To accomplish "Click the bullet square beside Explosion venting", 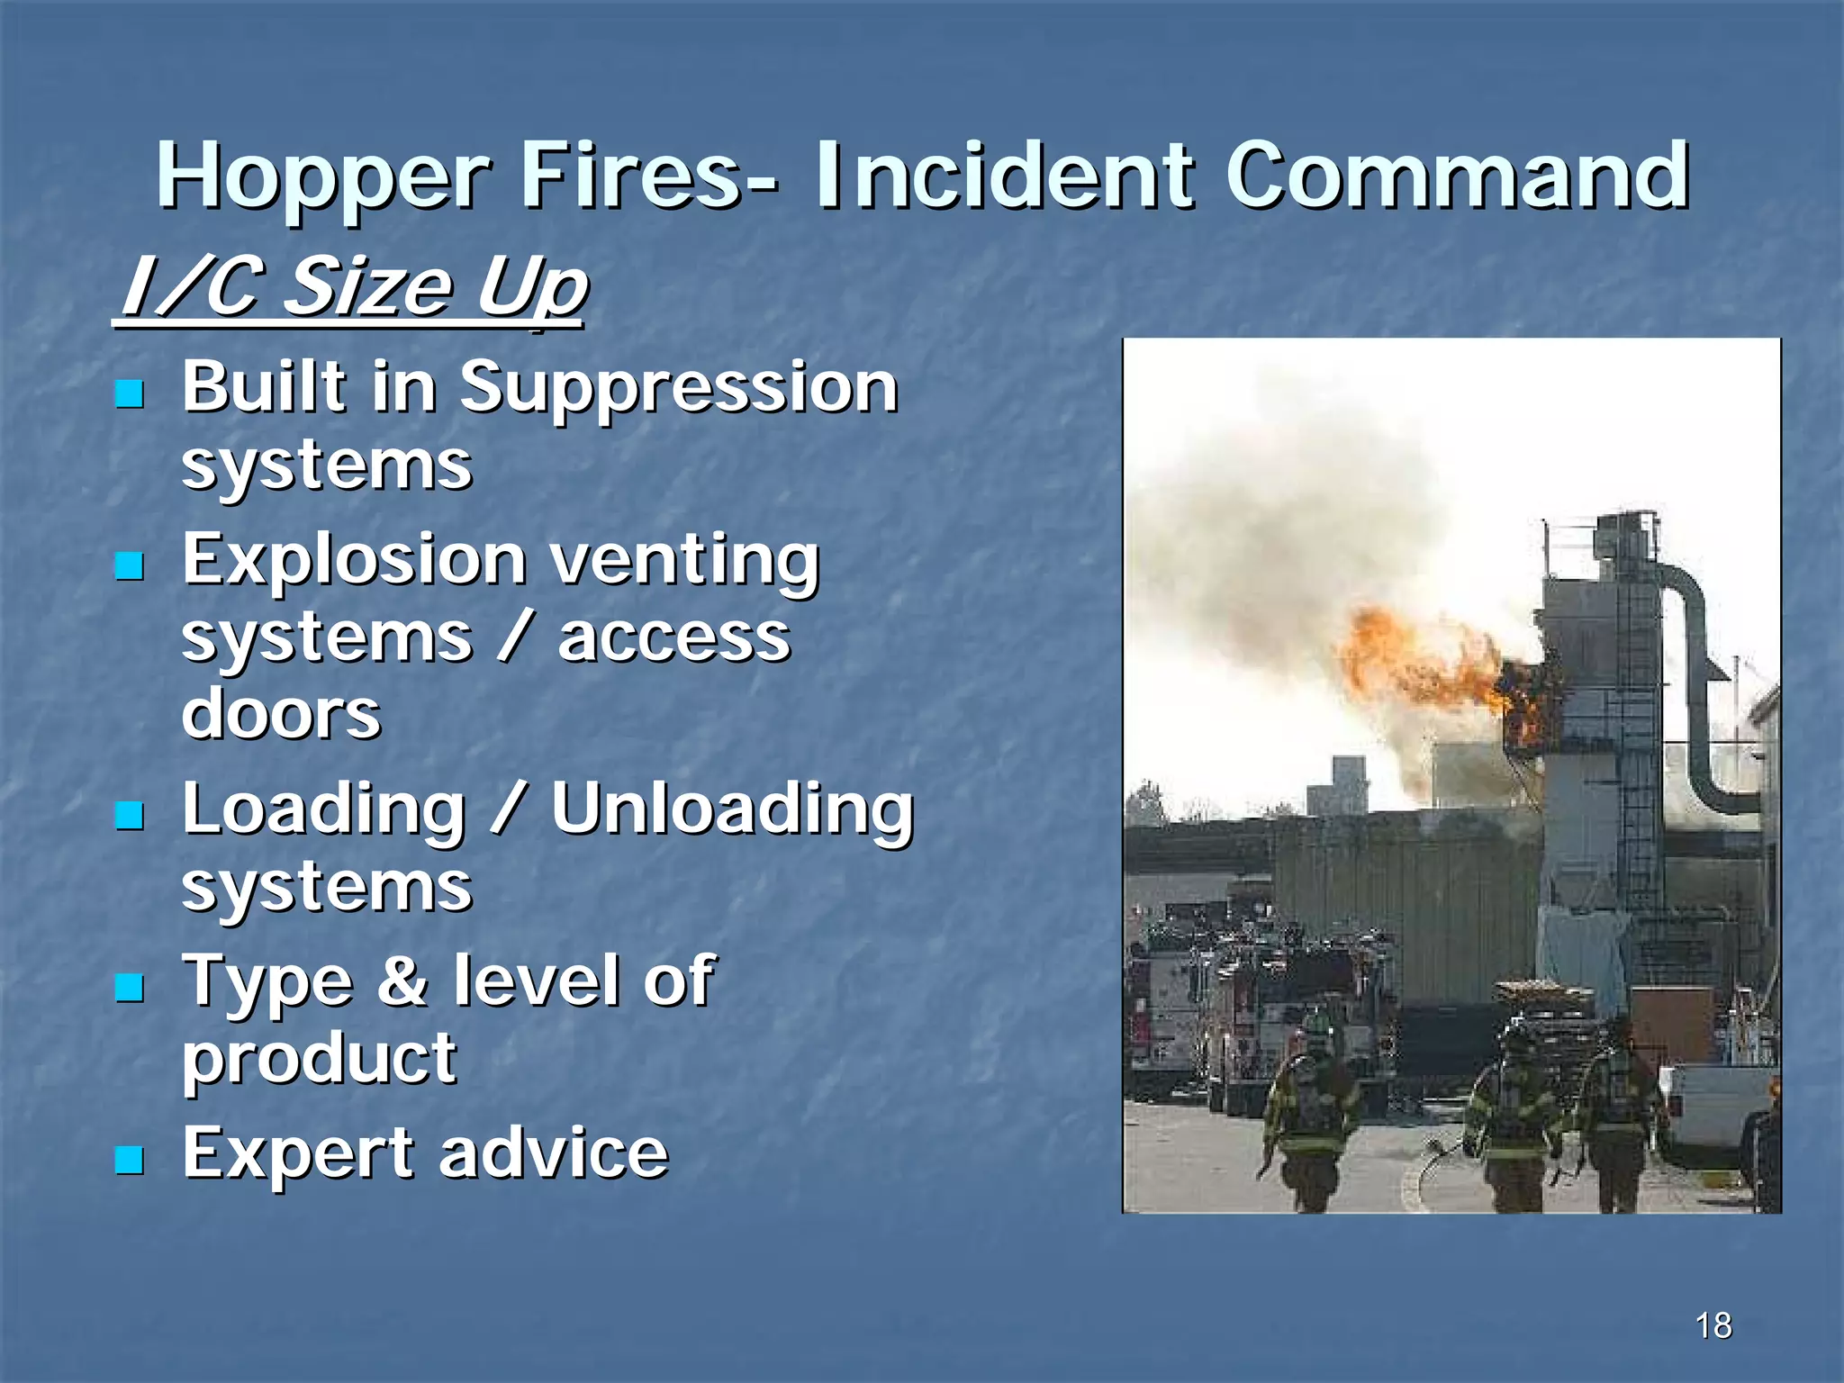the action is [x=131, y=565].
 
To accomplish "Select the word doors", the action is [x=281, y=714].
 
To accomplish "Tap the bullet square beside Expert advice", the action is [x=131, y=1160].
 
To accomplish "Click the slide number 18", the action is [x=1713, y=1325].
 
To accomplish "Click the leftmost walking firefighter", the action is [x=1310, y=1121].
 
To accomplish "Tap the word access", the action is [x=673, y=638].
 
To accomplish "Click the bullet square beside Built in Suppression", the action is [x=131, y=393].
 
